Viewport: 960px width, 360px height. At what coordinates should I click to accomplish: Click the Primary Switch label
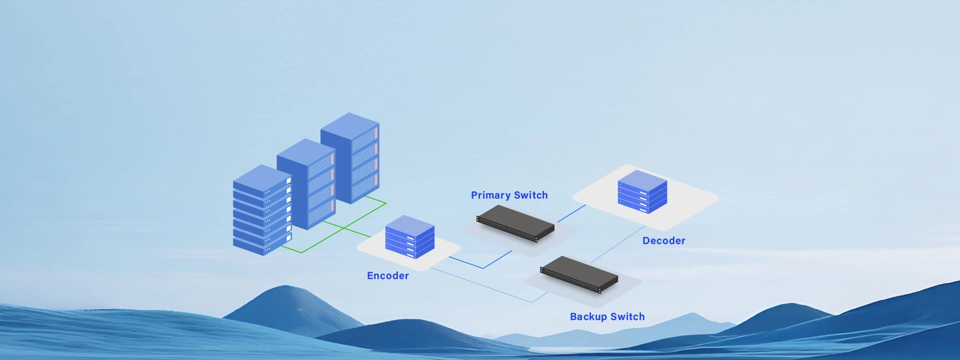509,195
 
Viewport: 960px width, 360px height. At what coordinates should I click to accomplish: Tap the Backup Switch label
607,317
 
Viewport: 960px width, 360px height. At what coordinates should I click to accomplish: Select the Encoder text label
387,276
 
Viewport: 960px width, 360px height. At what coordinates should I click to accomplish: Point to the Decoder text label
663,241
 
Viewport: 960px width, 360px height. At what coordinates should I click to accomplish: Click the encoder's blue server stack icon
410,237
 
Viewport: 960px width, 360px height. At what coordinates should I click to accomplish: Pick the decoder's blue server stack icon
642,191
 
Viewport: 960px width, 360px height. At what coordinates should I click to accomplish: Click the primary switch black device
515,223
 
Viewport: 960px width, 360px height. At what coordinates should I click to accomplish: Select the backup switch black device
579,274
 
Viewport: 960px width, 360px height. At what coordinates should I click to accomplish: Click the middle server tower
306,185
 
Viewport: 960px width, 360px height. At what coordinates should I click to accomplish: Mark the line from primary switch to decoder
572,213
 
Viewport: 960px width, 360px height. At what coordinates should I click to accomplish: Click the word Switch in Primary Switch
531,195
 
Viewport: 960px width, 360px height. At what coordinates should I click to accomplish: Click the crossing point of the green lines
344,228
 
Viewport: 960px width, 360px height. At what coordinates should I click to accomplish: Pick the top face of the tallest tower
349,125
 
